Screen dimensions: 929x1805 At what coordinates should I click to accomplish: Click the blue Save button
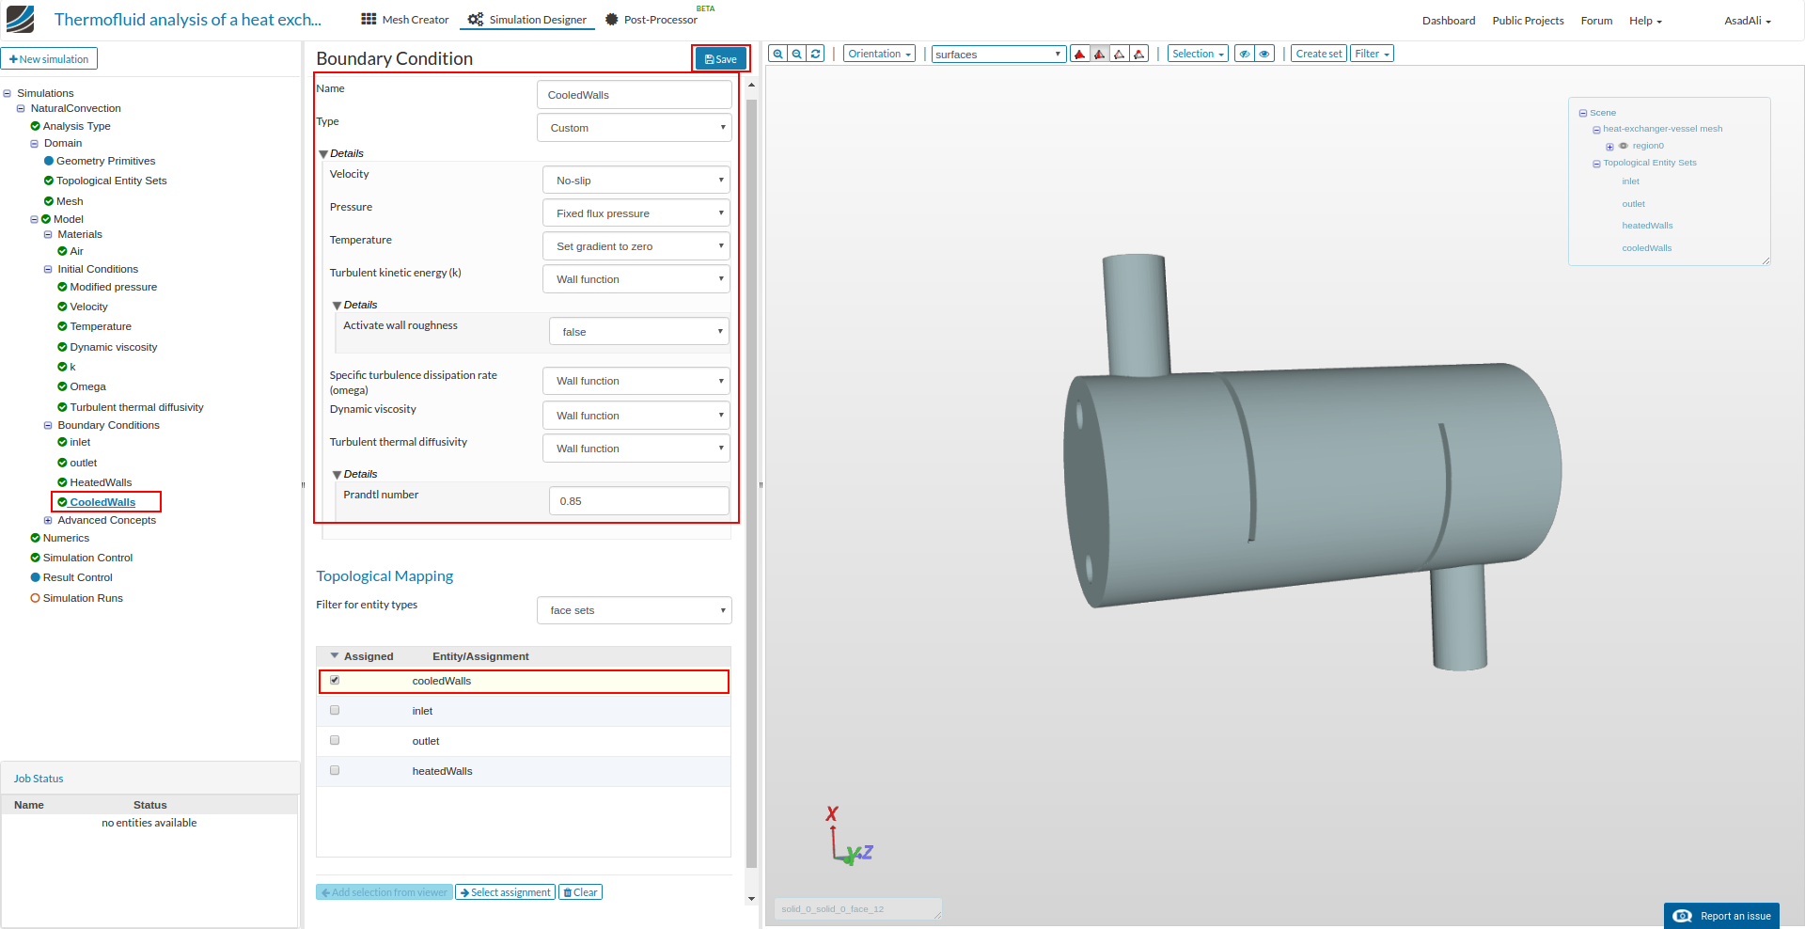click(721, 59)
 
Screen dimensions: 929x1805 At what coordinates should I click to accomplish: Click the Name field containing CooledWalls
click(634, 95)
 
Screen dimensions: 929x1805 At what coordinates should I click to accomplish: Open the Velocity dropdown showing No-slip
click(636, 181)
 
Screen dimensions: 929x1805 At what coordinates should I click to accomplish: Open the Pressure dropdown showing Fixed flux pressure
click(636, 213)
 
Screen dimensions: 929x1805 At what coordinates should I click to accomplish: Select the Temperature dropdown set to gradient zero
click(636, 246)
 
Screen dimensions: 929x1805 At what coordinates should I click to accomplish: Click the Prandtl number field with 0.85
click(638, 501)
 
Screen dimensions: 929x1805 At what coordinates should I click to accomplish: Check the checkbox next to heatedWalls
click(335, 771)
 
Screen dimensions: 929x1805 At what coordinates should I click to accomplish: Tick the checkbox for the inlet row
click(335, 711)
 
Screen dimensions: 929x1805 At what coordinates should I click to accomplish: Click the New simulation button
click(49, 59)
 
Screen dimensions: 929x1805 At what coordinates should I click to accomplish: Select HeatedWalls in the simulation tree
click(101, 482)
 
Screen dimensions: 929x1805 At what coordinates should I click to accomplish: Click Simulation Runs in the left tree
click(83, 598)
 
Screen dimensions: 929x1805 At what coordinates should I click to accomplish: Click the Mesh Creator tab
click(405, 20)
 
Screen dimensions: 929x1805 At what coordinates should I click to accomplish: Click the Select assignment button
click(505, 892)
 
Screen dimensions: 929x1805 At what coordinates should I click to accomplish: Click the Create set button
click(1318, 54)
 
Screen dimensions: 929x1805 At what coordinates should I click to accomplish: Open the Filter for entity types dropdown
click(634, 610)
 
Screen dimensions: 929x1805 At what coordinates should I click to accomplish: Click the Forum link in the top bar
click(1596, 21)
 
